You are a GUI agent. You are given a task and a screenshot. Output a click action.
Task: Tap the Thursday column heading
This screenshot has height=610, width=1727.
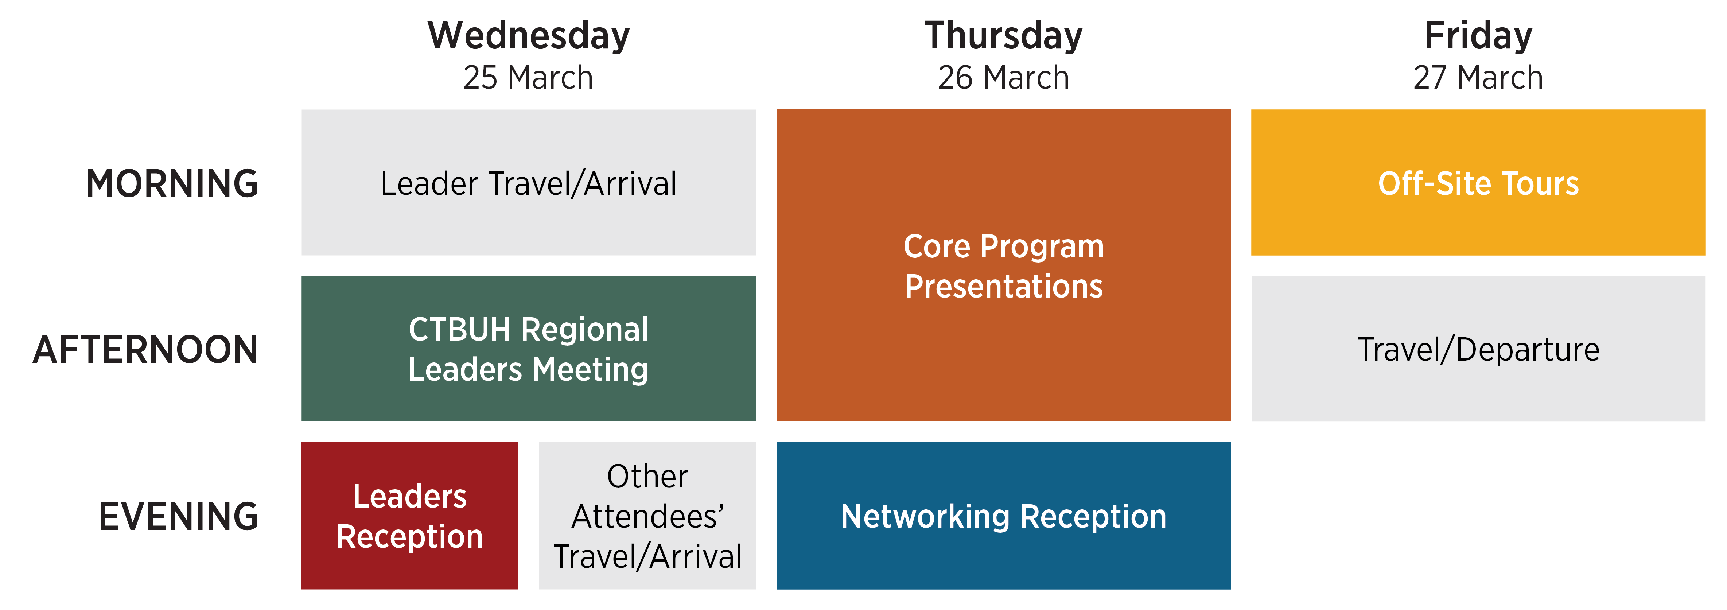click(x=1004, y=36)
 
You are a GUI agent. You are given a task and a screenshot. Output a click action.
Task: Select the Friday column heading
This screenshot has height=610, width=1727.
click(x=1478, y=36)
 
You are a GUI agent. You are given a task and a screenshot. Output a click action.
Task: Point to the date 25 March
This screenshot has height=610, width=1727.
click(x=528, y=78)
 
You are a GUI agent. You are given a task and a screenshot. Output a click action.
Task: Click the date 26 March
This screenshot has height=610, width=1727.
click(x=1004, y=78)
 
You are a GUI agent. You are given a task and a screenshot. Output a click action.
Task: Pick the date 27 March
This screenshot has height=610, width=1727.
click(x=1478, y=78)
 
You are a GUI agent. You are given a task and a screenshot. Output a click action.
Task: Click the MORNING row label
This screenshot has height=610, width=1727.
click(x=172, y=184)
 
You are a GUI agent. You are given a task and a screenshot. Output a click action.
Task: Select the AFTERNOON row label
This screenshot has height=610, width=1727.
click(x=145, y=350)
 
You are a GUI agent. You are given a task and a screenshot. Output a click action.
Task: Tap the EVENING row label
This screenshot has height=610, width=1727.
click(x=178, y=516)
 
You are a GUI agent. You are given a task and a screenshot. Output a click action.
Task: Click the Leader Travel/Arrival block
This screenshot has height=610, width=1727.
click(x=528, y=182)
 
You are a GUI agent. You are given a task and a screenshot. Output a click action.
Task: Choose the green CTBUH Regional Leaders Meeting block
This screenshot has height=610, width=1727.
click(x=528, y=349)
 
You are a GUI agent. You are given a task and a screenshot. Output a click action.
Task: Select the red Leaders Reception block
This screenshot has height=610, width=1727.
click(x=410, y=516)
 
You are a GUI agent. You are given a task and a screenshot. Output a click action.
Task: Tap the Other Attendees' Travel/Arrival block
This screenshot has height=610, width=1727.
click(x=647, y=516)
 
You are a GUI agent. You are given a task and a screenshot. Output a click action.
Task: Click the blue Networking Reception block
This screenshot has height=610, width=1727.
click(x=1004, y=516)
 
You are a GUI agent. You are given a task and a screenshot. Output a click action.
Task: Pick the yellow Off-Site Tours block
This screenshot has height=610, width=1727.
click(x=1478, y=182)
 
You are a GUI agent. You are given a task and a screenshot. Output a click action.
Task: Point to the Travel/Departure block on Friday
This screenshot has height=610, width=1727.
click(x=1478, y=349)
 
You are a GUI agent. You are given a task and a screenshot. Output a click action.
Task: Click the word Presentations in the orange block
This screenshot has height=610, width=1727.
click(x=1004, y=286)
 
